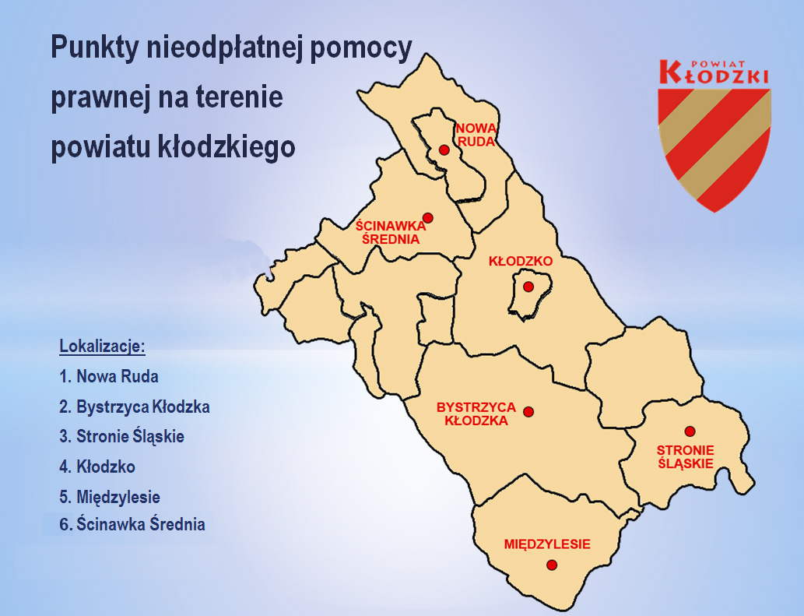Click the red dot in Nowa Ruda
pyautogui.click(x=444, y=150)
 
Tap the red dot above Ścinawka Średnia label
pyautogui.click(x=427, y=217)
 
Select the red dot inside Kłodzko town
pyautogui.click(x=528, y=287)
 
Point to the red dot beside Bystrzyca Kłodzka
pyautogui.click(x=528, y=411)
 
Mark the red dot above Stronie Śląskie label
pyautogui.click(x=689, y=431)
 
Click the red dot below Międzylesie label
pyautogui.click(x=552, y=565)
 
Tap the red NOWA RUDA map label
pyautogui.click(x=476, y=134)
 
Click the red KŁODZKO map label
pyautogui.click(x=520, y=261)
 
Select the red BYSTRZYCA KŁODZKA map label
pyautogui.click(x=476, y=414)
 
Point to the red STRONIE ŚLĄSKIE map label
pyautogui.click(x=686, y=456)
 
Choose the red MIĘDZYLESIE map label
pyautogui.click(x=547, y=544)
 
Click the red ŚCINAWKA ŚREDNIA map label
pyautogui.click(x=391, y=232)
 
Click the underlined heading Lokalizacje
pyautogui.click(x=103, y=346)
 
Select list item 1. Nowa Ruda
pyautogui.click(x=109, y=377)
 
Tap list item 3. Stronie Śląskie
pyautogui.click(x=121, y=436)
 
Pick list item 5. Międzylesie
pyautogui.click(x=110, y=496)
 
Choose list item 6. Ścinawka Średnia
pyautogui.click(x=132, y=524)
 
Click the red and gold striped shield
pyautogui.click(x=714, y=144)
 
